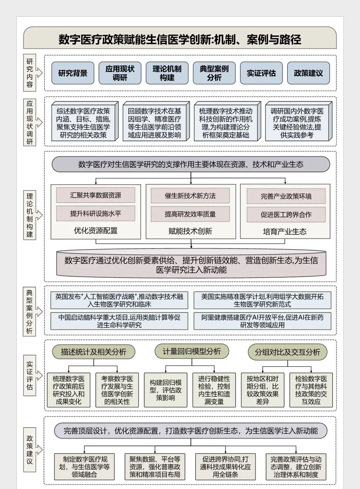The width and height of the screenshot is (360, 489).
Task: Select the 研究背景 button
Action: (73, 73)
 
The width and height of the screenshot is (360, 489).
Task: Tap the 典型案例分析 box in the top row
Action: (214, 73)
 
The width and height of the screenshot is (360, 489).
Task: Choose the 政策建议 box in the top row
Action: (309, 73)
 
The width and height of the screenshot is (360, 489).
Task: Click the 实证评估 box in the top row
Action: (261, 73)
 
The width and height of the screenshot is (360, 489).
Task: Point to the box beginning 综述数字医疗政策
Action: (83, 123)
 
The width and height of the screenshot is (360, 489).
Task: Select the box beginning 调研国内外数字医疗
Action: (297, 123)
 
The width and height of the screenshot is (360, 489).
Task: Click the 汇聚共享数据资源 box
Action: (96, 195)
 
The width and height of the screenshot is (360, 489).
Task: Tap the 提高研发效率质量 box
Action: (190, 214)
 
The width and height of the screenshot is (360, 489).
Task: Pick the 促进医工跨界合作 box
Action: (286, 215)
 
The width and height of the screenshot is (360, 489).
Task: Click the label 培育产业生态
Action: (285, 231)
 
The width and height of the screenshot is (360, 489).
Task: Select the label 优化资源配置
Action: (96, 230)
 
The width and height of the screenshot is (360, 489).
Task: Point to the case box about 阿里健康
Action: (262, 321)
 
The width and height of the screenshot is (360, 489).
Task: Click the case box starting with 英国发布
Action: (119, 300)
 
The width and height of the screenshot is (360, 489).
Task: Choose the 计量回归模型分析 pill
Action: (192, 351)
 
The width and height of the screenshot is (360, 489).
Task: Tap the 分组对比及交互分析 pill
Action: (287, 352)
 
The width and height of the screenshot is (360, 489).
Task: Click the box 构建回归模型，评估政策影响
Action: (165, 390)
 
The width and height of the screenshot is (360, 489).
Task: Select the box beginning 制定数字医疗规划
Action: (85, 467)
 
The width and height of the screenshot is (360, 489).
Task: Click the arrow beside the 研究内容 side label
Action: (39, 73)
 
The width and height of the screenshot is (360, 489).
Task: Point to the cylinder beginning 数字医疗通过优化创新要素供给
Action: (191, 265)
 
